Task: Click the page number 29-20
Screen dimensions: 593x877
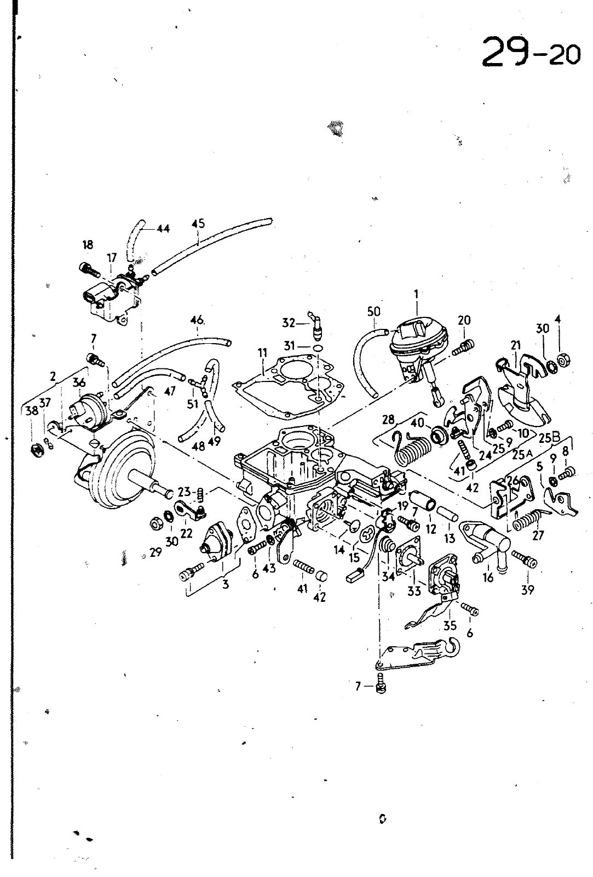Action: pos(531,52)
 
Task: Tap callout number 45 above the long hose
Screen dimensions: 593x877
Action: pos(198,224)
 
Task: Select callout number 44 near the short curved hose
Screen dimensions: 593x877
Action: pos(163,229)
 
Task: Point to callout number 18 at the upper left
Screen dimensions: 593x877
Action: pos(88,244)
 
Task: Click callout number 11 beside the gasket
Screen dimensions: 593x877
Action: pos(262,353)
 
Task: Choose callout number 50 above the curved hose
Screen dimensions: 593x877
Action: pos(374,312)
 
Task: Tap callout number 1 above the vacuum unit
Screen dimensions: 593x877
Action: pos(416,294)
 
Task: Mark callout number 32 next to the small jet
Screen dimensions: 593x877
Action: pos(288,323)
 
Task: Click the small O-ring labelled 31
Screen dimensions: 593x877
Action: pos(319,348)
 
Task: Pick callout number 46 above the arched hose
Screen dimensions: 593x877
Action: pos(197,320)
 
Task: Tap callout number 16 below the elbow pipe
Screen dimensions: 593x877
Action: pos(488,577)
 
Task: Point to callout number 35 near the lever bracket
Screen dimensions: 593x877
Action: pos(450,625)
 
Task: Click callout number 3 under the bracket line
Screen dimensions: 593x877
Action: pos(226,584)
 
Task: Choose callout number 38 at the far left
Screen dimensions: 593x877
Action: pos(32,411)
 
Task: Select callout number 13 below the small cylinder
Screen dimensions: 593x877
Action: pos(450,538)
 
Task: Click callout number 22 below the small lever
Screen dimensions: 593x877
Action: pos(187,533)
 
